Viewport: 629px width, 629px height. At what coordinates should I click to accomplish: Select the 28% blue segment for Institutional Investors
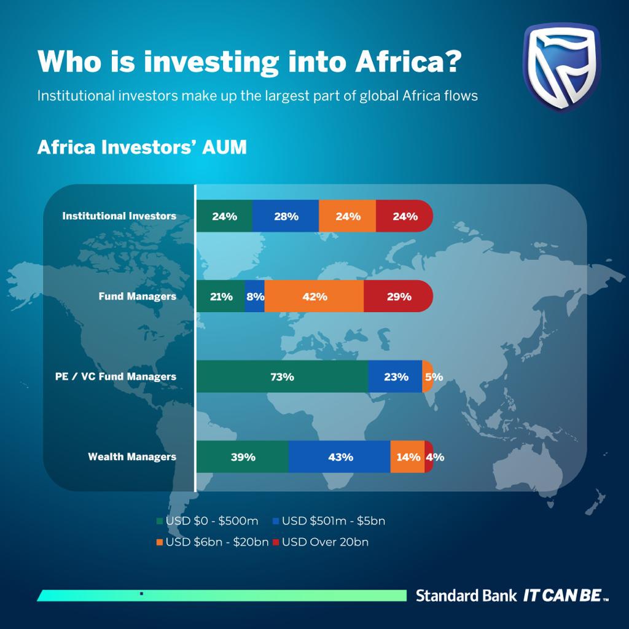pos(286,216)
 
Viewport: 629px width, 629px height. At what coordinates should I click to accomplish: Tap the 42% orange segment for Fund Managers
pos(314,297)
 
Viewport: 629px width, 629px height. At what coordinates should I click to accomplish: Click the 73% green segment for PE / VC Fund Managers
pos(282,377)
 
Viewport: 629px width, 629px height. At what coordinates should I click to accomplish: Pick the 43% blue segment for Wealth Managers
pos(340,457)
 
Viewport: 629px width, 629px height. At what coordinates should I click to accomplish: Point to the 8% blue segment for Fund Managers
pos(255,297)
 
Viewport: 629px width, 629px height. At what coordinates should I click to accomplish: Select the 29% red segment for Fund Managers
pos(399,297)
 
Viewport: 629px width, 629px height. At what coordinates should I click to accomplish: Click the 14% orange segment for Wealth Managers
pos(407,457)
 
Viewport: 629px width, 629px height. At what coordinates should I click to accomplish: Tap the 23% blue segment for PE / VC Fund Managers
pos(395,377)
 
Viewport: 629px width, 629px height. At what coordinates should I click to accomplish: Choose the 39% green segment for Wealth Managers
pos(243,457)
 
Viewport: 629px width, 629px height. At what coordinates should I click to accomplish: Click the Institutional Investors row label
pos(119,216)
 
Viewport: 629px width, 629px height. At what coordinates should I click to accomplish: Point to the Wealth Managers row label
pos(132,457)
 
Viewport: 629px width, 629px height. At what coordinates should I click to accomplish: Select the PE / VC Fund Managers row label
pos(115,377)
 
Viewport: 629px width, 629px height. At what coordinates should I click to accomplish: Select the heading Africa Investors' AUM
pos(142,148)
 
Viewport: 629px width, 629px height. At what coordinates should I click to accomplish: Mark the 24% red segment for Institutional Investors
pos(404,216)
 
